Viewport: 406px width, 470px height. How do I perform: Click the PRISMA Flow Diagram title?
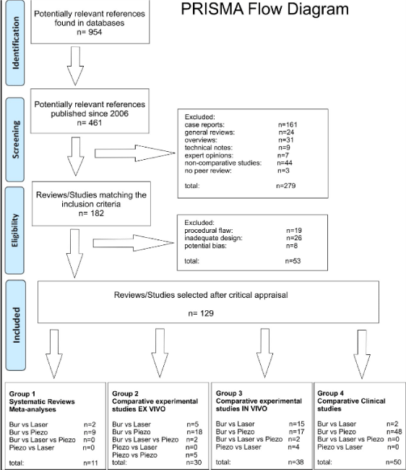coord(264,9)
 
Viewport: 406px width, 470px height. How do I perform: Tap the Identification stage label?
coord(16,43)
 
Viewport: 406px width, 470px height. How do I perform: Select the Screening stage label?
coord(16,140)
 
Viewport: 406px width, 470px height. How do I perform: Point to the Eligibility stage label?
coord(15,230)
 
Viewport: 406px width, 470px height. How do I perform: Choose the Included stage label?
coord(16,325)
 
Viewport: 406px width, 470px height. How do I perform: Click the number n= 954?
coord(90,32)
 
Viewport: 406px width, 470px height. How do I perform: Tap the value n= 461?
coord(90,123)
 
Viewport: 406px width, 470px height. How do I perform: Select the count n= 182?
coord(91,213)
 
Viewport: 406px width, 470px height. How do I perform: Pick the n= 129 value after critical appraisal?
coord(201,313)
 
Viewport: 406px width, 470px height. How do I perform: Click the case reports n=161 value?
coord(288,124)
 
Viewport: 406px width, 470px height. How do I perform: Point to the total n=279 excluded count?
coord(286,186)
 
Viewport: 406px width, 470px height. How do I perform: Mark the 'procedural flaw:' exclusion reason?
coord(209,231)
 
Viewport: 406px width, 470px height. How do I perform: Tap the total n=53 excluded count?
coord(293,261)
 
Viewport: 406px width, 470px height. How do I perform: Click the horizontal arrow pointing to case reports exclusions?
coord(135,153)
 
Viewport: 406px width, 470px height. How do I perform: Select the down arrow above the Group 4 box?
coord(362,354)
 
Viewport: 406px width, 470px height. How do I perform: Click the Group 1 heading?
coord(22,394)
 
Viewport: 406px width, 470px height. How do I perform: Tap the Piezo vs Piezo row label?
coord(135,455)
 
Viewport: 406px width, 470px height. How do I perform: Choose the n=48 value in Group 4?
coord(394,432)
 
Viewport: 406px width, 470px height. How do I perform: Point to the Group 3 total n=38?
coord(296,462)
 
